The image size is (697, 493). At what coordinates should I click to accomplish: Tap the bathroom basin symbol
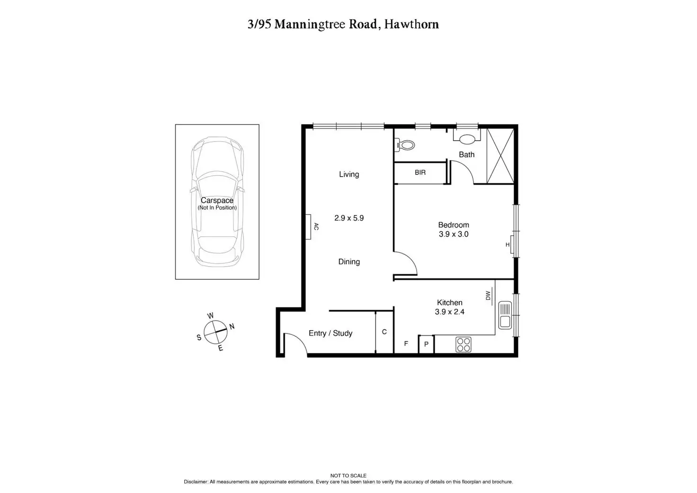467,139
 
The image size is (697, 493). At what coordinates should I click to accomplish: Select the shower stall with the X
500,156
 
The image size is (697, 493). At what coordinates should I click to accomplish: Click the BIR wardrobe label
420,173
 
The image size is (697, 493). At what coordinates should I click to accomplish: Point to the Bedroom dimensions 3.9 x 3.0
453,234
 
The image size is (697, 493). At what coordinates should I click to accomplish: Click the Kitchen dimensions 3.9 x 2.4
449,312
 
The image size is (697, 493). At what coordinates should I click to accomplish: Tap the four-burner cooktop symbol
463,344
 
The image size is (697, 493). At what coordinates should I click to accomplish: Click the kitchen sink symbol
505,315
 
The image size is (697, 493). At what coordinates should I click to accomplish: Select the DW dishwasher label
488,296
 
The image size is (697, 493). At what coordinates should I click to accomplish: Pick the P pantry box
426,344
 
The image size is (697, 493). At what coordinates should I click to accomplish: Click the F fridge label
406,344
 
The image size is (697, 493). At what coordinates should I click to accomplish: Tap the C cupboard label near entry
384,332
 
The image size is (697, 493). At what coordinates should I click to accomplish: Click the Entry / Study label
331,333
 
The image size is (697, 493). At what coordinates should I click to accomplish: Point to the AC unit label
316,227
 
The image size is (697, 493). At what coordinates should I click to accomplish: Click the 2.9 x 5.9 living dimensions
349,218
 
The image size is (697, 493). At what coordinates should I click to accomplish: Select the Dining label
349,262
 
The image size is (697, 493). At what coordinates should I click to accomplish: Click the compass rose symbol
215,331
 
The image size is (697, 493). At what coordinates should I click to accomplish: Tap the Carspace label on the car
217,201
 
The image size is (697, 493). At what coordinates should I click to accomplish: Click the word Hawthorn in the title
411,24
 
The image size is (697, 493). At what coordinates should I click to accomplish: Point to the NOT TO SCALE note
348,475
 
